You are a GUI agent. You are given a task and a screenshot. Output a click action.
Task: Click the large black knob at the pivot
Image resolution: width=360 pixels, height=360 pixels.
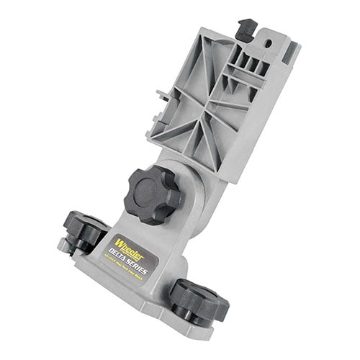(152, 194)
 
